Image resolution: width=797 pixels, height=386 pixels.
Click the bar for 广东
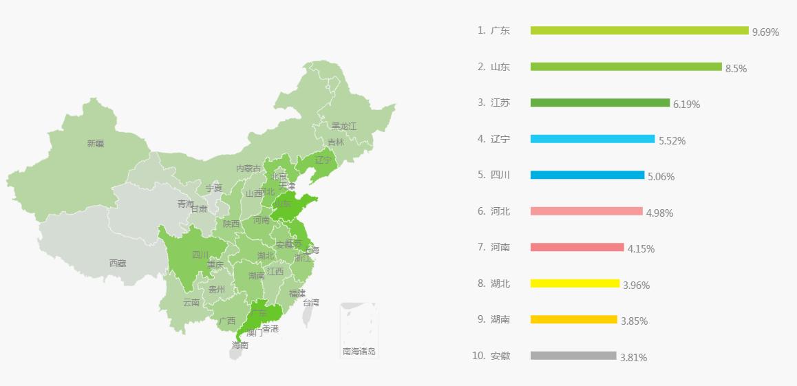(639, 30)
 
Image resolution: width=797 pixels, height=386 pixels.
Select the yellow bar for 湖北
(575, 283)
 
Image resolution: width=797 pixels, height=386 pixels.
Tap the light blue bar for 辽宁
(592, 139)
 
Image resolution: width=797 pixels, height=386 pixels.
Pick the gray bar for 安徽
(573, 356)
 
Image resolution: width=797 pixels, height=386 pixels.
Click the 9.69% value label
(765, 32)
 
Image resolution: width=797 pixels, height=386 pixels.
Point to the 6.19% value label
(686, 105)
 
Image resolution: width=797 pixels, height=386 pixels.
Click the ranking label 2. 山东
(493, 67)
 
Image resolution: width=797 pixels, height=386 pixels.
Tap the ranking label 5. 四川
(493, 175)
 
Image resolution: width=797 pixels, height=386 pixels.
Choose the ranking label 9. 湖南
(493, 319)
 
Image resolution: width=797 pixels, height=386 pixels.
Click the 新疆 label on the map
(96, 144)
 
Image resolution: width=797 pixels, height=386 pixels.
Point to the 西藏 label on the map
(118, 263)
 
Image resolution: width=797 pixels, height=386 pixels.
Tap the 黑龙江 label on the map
(344, 126)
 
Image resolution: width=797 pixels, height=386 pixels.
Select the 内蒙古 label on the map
(248, 168)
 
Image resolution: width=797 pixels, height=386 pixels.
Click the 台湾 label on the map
(311, 302)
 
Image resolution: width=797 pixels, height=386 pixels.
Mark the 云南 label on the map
(191, 302)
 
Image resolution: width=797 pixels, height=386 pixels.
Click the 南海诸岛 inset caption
(359, 352)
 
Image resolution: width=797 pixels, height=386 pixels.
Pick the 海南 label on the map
(240, 345)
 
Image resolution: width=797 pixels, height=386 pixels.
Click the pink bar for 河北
(586, 211)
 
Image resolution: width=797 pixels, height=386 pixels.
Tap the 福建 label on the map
(297, 293)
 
